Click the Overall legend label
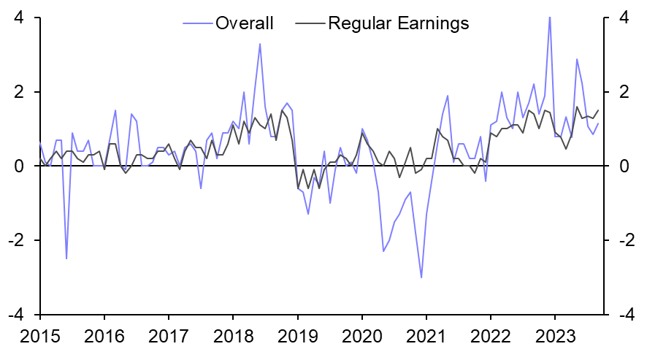tap(244, 23)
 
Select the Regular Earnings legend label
tap(399, 23)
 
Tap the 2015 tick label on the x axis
tap(39, 338)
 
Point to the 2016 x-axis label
tap(104, 338)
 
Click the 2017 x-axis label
tap(168, 338)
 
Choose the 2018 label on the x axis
tap(233, 338)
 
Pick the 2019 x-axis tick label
tap(297, 338)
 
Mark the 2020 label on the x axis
tap(361, 338)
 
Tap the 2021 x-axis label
tap(426, 338)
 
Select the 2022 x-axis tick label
tap(491, 338)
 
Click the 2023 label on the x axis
tap(555, 338)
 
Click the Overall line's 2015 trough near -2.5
tap(66, 258)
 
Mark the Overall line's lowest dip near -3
tap(421, 277)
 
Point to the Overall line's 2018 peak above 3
tap(260, 44)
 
